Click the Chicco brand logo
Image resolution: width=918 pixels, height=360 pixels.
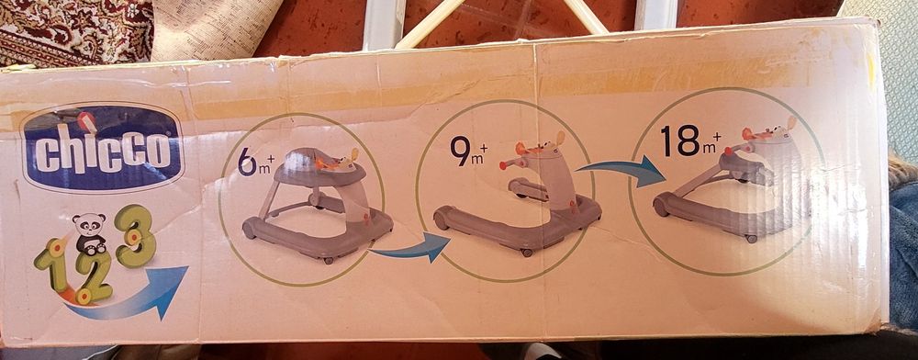(x=103, y=148)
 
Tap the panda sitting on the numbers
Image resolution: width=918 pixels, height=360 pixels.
(x=90, y=233)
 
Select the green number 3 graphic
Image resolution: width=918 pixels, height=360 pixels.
(x=135, y=236)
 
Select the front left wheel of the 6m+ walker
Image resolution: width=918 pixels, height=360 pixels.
(x=250, y=229)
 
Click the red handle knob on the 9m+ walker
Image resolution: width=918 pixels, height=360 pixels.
(x=503, y=165)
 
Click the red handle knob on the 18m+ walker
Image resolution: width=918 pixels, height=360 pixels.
(x=728, y=152)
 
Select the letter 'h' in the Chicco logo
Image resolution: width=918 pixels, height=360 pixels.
(x=62, y=151)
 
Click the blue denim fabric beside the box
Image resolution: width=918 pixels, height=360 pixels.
(x=903, y=257)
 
